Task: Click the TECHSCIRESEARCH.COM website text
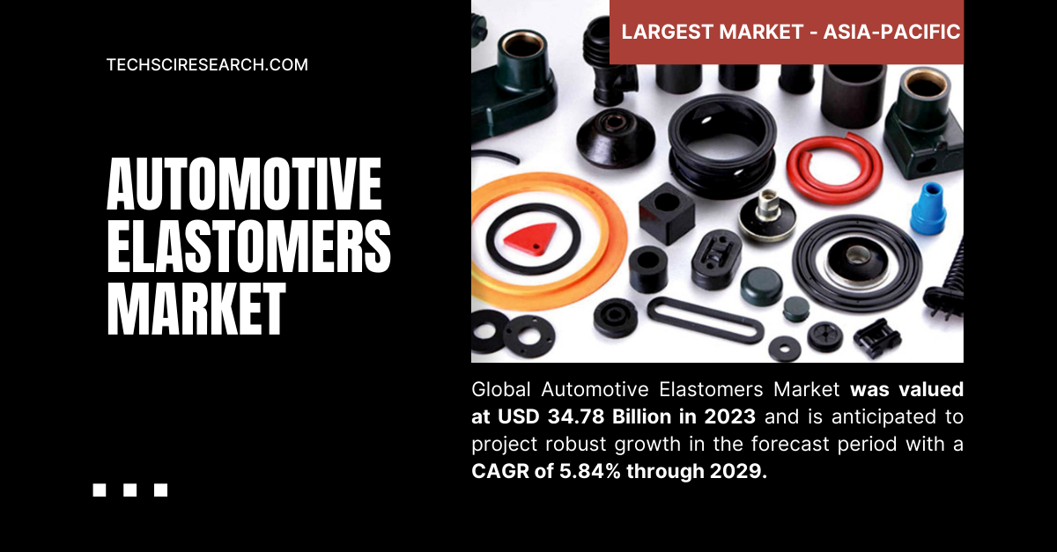[207, 64]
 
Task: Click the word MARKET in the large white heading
[196, 310]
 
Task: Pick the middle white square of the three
[129, 490]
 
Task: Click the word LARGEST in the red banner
[667, 33]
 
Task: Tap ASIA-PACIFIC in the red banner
[891, 33]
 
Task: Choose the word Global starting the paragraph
[502, 389]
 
